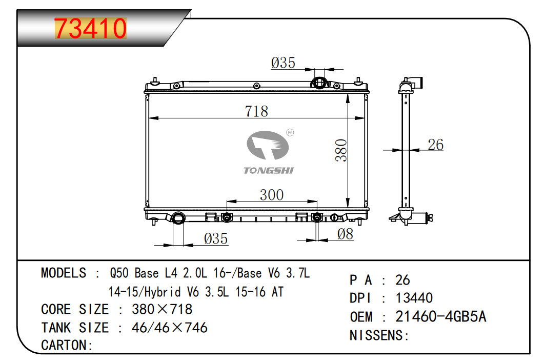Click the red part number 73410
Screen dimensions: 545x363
90,28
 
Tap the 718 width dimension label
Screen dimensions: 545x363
256,111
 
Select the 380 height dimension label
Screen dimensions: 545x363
341,150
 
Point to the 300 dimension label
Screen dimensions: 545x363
272,195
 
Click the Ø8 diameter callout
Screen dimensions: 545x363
345,234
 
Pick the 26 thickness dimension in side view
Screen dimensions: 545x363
435,145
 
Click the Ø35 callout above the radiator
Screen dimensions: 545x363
283,63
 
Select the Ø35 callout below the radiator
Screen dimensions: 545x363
216,239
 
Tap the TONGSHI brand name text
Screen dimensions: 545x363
268,170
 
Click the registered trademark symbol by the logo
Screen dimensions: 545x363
290,132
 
